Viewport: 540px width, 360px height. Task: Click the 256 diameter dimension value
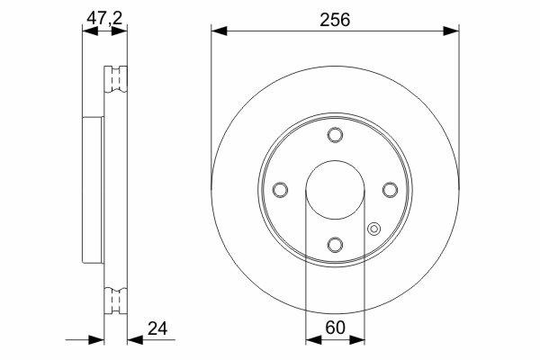coord(335,20)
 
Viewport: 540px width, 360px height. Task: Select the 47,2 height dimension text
coord(104,18)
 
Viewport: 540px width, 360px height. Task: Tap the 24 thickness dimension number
coord(157,328)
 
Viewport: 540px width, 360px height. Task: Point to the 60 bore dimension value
coord(335,328)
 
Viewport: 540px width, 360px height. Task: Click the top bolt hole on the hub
coord(335,135)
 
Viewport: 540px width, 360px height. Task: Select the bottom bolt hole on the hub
coord(335,245)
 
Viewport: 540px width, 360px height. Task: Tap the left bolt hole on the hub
coord(280,190)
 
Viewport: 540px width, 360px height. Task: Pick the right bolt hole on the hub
coord(391,190)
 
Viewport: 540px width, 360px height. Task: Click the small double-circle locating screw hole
coord(373,229)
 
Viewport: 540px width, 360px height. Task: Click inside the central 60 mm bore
coord(335,190)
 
